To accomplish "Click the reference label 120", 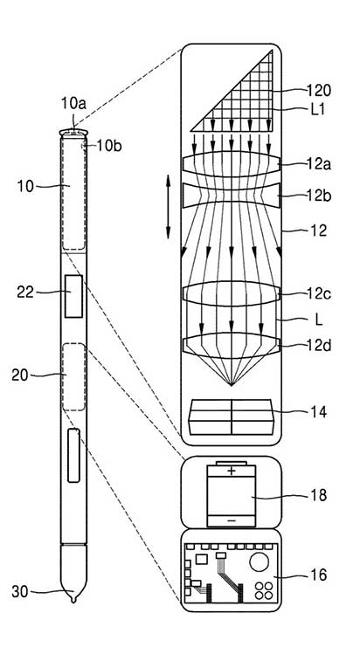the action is (x=319, y=90).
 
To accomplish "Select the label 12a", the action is (x=319, y=164).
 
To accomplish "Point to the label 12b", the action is (x=319, y=196).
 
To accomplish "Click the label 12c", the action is (x=319, y=294).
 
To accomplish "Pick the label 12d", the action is (x=319, y=346).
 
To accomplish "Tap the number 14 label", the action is (x=318, y=412).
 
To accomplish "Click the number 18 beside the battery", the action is (x=318, y=495).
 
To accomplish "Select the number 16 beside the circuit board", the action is (x=318, y=575).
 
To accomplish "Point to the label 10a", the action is (x=73, y=103).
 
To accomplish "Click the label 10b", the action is (x=109, y=146).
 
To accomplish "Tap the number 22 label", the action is (x=25, y=292).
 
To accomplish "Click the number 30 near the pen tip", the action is (x=20, y=591).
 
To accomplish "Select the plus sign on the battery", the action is (x=232, y=471).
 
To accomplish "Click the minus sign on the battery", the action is (x=232, y=521).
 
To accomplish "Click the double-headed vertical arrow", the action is (x=168, y=207).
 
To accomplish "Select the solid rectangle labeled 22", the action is (x=73, y=296).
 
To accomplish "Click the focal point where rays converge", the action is (x=232, y=385).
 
